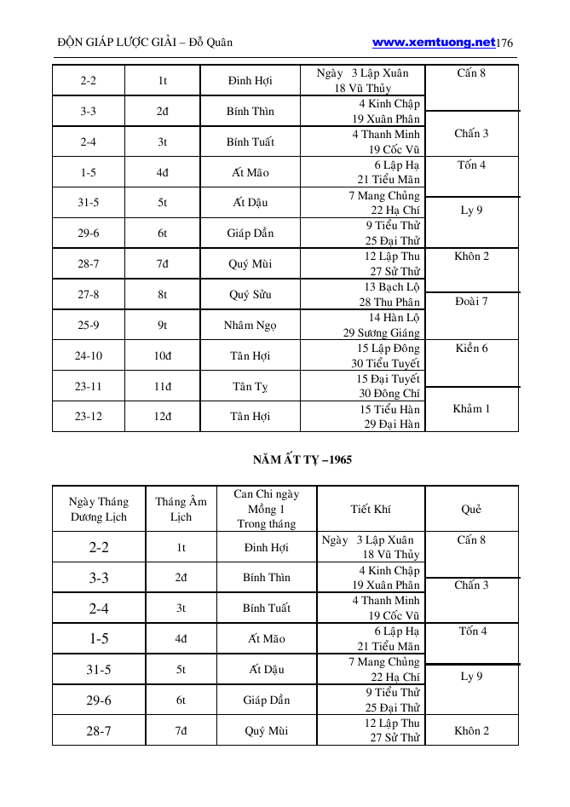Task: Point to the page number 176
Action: [x=504, y=43]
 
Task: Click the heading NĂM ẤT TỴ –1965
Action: [x=302, y=459]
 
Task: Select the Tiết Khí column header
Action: [x=371, y=510]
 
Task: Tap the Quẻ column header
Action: [x=471, y=510]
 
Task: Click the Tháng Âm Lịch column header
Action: [x=181, y=510]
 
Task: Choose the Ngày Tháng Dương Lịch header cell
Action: [x=98, y=510]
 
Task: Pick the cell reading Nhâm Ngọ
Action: [x=250, y=326]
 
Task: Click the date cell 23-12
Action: [x=88, y=417]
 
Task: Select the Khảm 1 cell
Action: [x=471, y=409]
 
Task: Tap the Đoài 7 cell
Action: [x=471, y=302]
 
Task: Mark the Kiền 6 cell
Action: [x=471, y=348]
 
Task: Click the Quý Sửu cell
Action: [x=250, y=295]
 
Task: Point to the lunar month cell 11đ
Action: [x=162, y=386]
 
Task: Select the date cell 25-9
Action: [x=88, y=326]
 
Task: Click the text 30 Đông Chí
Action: [x=389, y=394]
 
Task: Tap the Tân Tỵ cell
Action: [x=250, y=387]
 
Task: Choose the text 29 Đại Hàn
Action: [x=392, y=424]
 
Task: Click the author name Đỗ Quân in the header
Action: [x=210, y=43]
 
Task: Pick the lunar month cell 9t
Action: [x=162, y=326]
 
